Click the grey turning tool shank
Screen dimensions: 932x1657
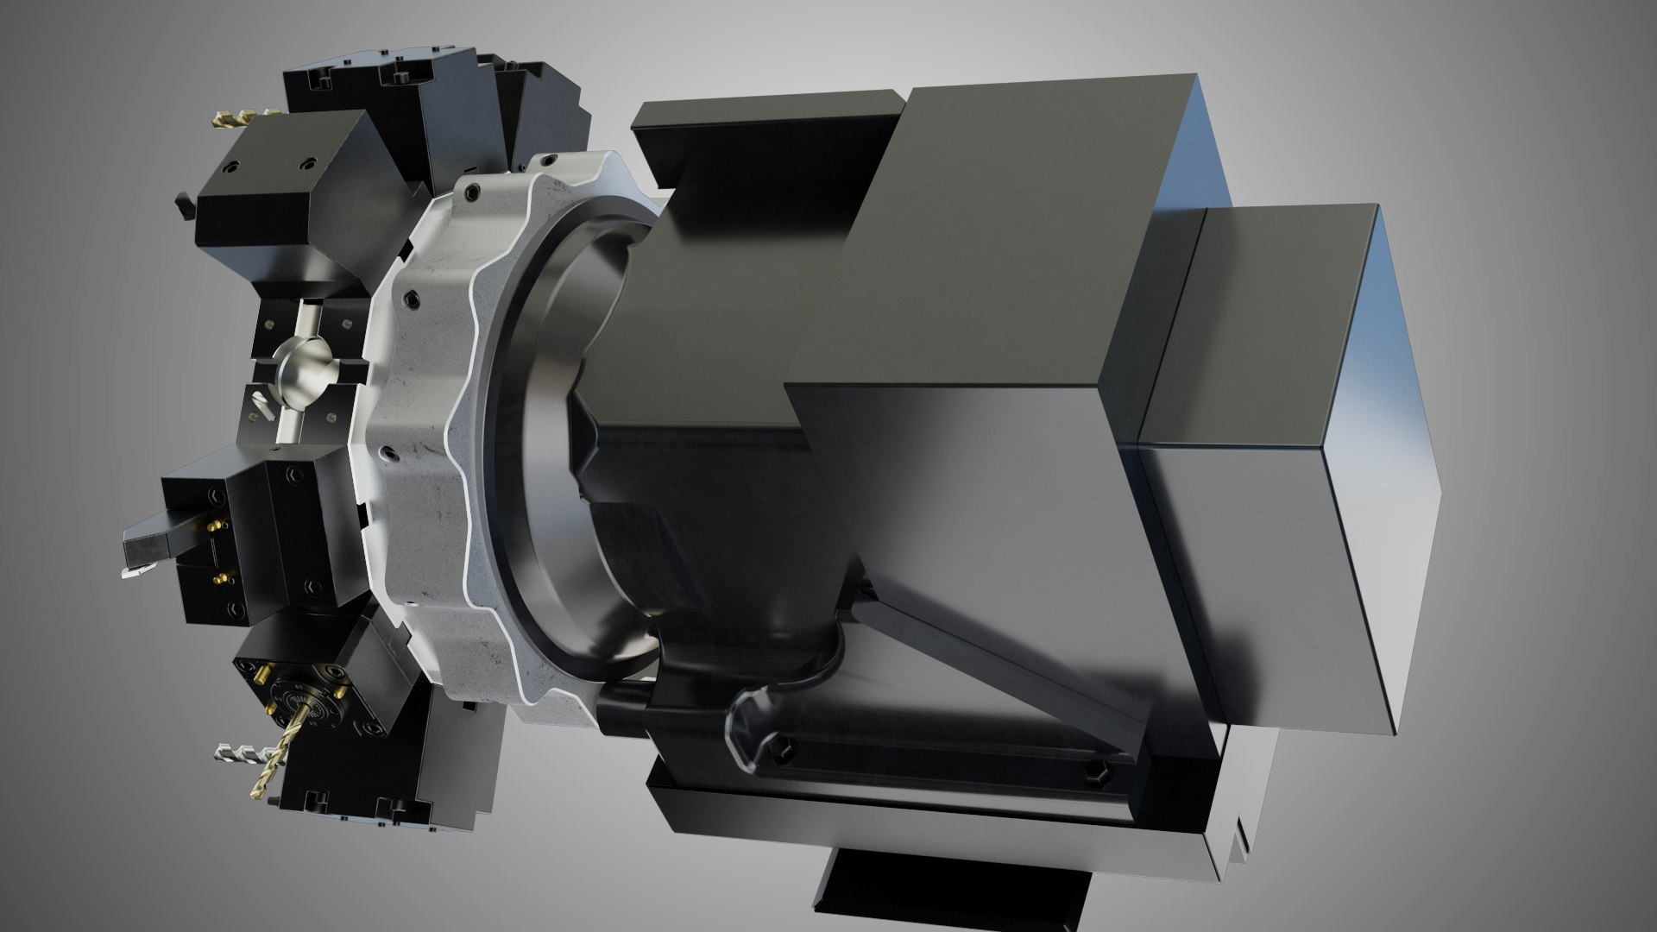(155, 534)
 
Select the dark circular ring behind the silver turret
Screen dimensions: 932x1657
(552, 431)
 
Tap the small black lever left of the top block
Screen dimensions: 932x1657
(184, 206)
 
